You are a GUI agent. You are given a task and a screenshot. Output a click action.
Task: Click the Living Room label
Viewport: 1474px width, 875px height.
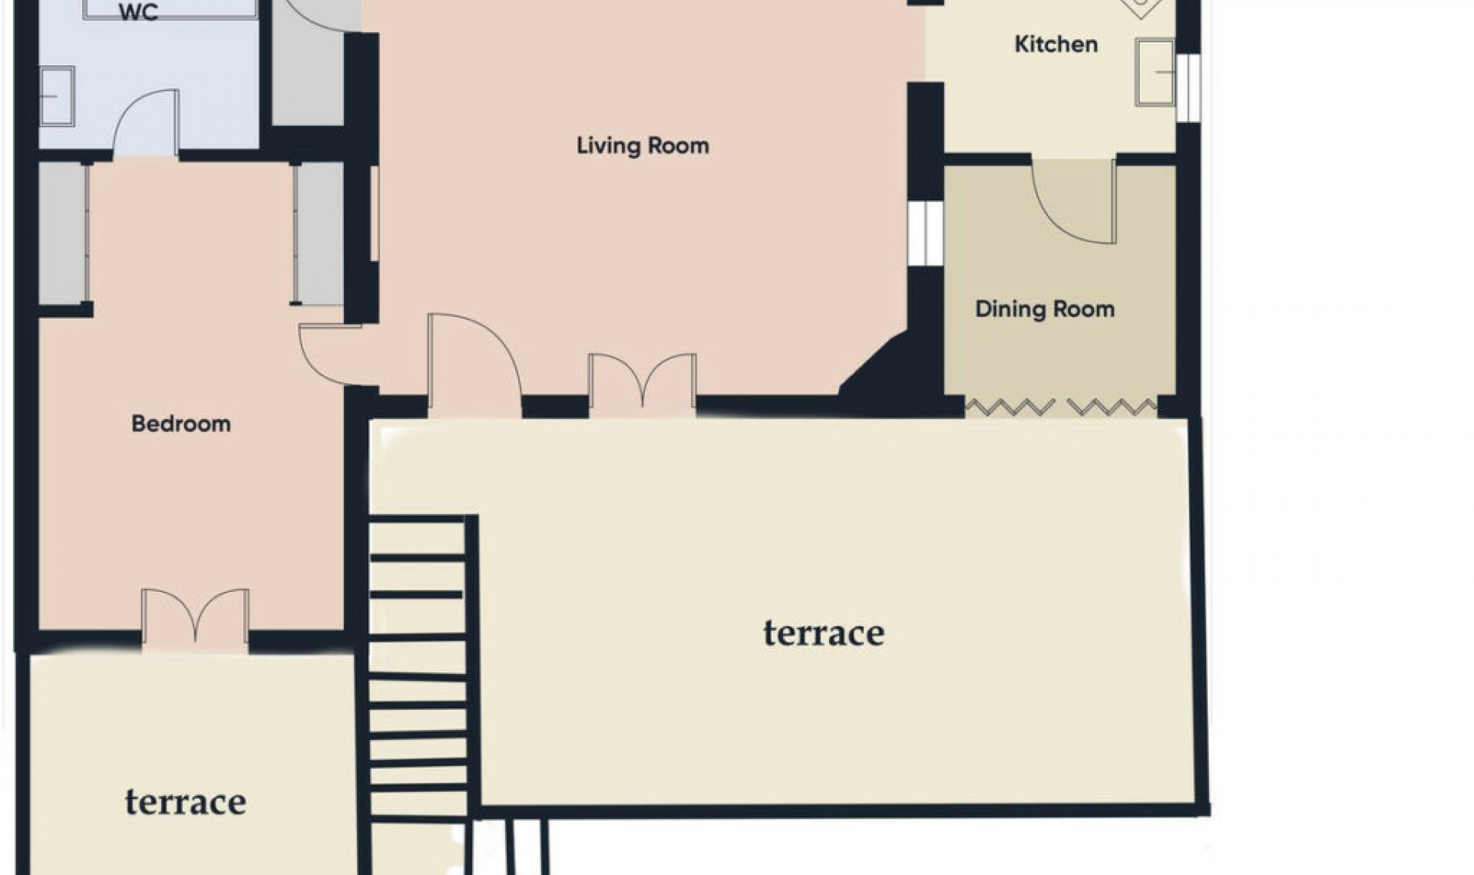point(643,145)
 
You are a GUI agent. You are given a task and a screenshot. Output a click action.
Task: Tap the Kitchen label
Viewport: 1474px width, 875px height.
point(1056,44)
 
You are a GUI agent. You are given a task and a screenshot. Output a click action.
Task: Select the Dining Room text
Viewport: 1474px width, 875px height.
point(1044,309)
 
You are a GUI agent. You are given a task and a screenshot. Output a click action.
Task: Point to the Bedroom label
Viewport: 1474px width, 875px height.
point(180,423)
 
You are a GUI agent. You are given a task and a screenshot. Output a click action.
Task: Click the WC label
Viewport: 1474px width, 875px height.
point(139,13)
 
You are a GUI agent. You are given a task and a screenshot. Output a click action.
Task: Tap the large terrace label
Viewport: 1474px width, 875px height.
point(823,633)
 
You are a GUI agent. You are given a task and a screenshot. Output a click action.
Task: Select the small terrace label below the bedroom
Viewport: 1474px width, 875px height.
point(185,802)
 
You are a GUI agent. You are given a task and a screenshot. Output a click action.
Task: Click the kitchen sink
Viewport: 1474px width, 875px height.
point(1155,72)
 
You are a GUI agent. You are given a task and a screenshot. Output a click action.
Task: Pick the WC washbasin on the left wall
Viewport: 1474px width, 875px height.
point(57,96)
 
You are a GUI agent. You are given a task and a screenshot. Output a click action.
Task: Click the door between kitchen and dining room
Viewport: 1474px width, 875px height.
point(1073,201)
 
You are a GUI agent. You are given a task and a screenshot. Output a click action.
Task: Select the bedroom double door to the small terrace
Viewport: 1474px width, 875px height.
point(195,616)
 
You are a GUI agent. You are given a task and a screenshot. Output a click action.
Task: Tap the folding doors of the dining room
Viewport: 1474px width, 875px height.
point(1061,407)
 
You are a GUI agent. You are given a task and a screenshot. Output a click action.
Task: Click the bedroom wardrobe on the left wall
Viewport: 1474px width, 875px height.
point(64,233)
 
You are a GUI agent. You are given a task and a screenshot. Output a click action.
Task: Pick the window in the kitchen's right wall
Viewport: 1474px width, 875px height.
point(1188,87)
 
